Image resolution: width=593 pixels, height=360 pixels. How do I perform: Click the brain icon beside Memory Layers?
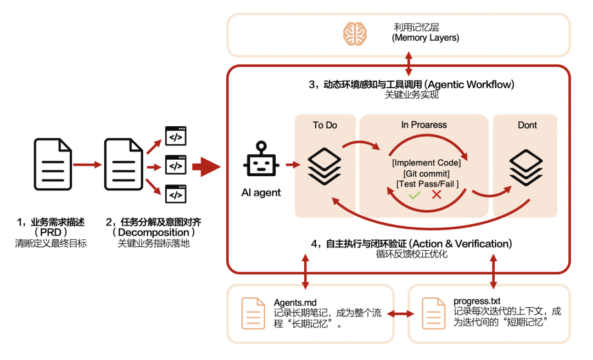(355, 33)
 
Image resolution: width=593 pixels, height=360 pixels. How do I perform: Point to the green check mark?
(415, 195)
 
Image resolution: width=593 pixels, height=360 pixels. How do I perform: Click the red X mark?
(437, 195)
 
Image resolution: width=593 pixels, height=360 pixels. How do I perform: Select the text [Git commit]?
(427, 173)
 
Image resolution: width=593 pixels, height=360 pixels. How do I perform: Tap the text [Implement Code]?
(426, 163)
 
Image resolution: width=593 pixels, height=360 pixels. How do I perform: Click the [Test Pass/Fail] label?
(427, 184)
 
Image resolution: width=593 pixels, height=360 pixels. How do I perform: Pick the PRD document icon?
(53, 164)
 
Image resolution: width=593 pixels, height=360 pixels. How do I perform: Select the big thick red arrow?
(209, 166)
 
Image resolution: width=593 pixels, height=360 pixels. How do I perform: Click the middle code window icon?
(176, 165)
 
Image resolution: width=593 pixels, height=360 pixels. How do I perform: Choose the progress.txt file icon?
(433, 313)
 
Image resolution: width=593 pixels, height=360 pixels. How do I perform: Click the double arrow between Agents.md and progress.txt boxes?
(400, 314)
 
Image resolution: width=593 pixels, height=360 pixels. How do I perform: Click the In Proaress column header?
(424, 125)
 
